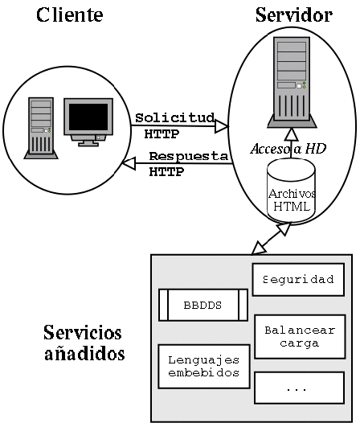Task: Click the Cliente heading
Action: (x=70, y=14)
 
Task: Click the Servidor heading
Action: (x=294, y=14)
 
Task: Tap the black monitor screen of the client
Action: (x=88, y=117)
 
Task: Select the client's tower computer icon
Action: (x=41, y=128)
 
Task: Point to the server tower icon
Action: (x=292, y=82)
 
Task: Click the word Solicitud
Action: (x=174, y=117)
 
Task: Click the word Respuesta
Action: (x=189, y=156)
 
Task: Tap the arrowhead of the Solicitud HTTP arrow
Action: (x=222, y=126)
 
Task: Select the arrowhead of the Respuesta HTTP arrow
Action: (x=129, y=163)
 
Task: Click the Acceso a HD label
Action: (x=288, y=149)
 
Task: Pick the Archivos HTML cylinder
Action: (x=291, y=190)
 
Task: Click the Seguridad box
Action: (x=298, y=279)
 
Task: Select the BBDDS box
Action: (x=203, y=305)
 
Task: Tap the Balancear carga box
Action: (x=300, y=337)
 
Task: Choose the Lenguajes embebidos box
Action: (x=204, y=366)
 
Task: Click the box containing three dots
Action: (x=299, y=388)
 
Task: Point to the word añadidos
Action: (x=84, y=354)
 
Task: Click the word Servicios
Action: (x=83, y=332)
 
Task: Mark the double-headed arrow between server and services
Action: (x=271, y=239)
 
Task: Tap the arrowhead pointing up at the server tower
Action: (x=292, y=134)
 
